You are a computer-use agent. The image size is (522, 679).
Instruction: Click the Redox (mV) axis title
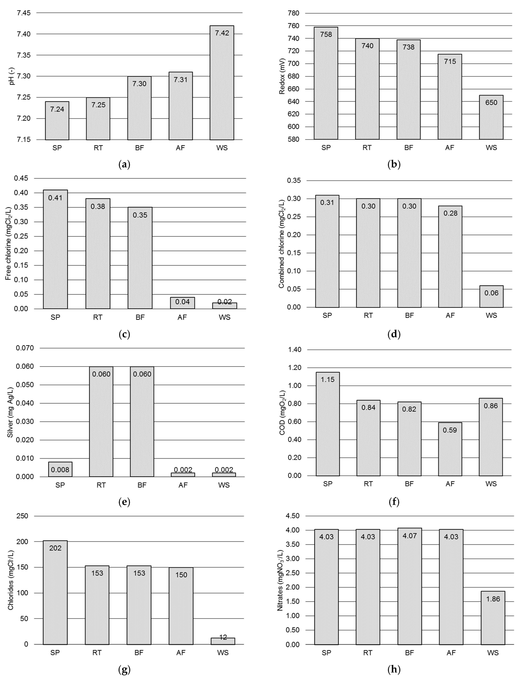tap(282, 76)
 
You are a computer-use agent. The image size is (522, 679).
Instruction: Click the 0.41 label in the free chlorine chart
tap(55, 198)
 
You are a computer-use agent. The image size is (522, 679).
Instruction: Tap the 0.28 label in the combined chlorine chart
tap(450, 213)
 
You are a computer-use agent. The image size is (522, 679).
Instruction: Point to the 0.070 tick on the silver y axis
tap(25, 348)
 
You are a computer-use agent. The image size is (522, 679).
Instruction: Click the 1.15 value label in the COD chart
tap(328, 380)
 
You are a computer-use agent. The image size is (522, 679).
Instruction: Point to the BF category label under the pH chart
tap(139, 148)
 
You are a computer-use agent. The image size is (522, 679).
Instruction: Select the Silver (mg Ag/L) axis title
tap(10, 412)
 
